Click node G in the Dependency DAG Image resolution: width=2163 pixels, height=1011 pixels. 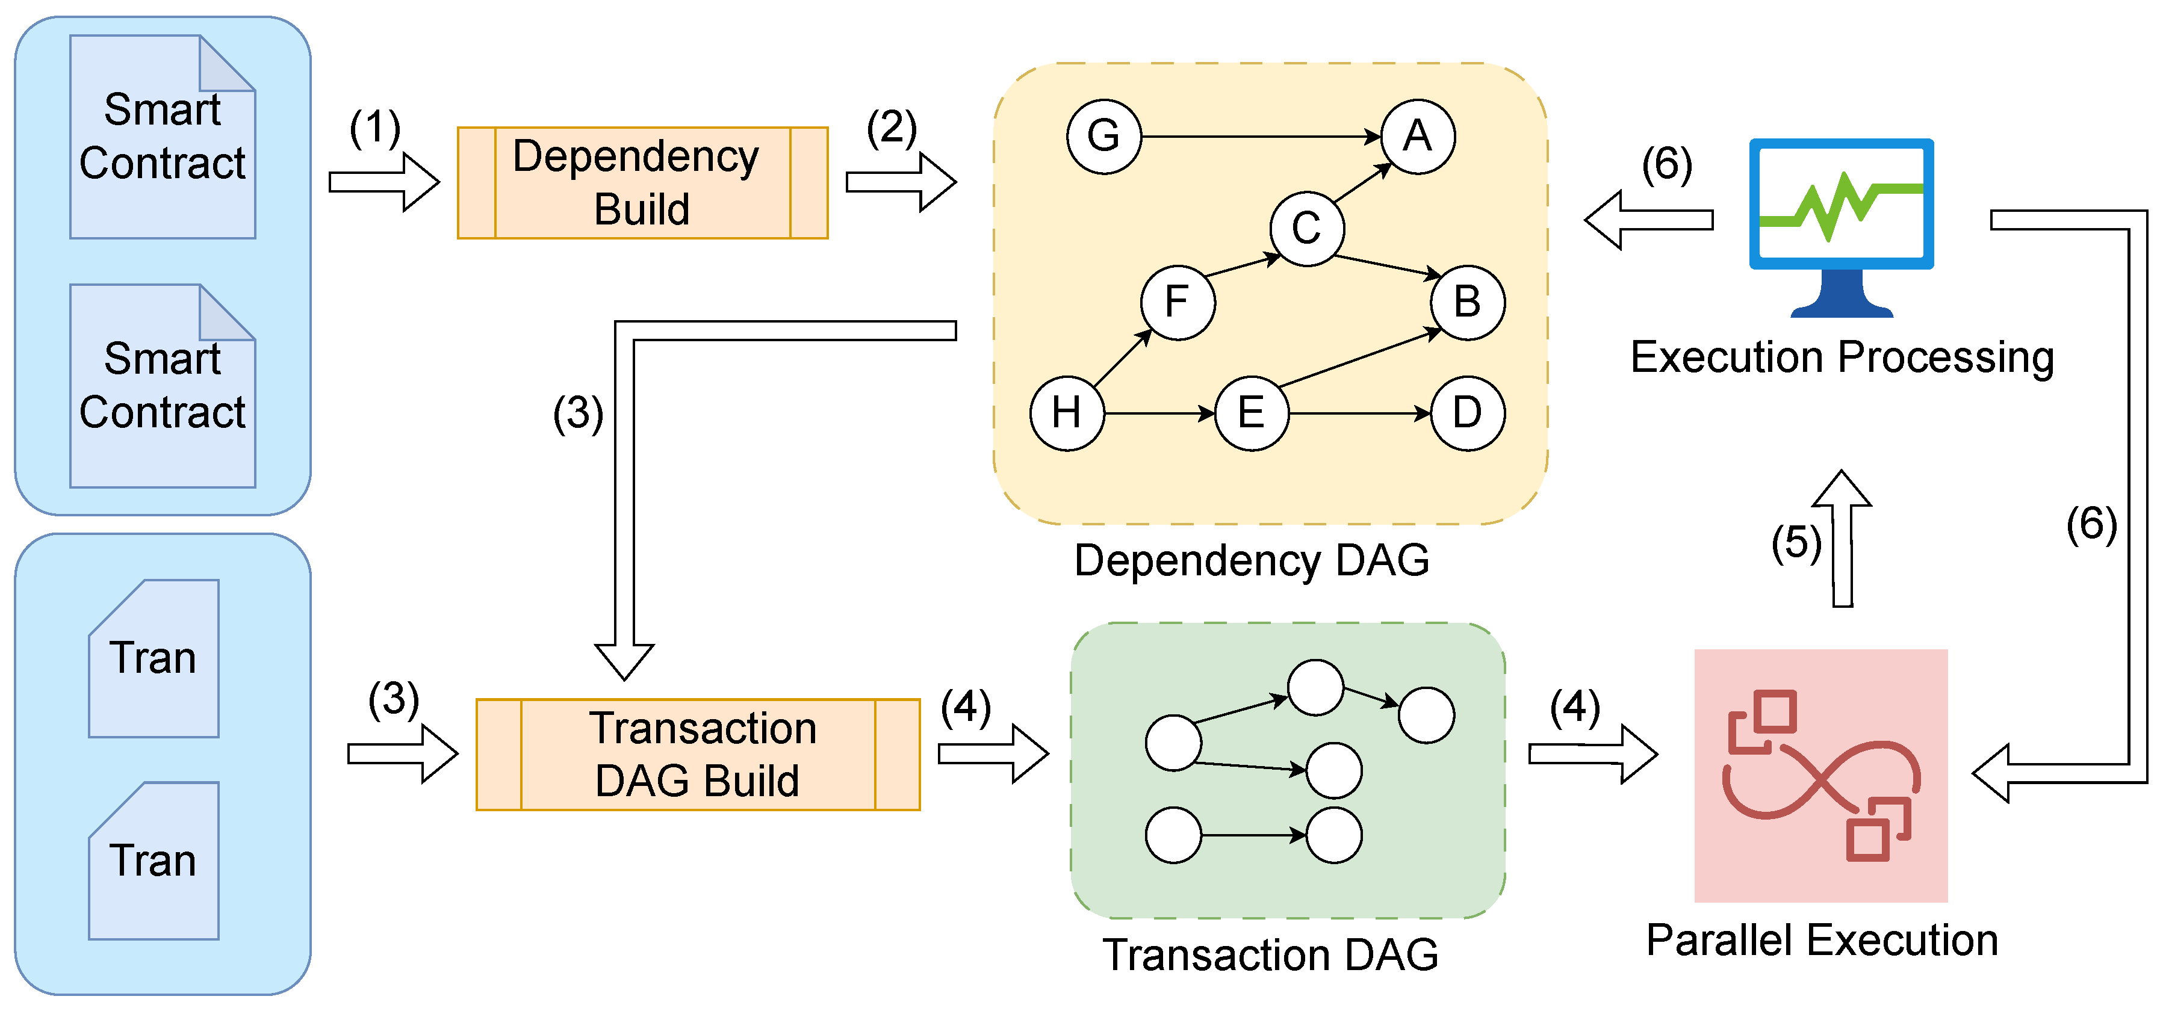[1103, 136]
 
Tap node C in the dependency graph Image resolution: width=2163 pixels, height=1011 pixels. [1306, 229]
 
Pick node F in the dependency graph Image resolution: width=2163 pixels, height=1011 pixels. [1178, 302]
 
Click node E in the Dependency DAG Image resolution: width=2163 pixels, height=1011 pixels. [1251, 413]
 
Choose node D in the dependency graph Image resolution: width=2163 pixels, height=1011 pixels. [1467, 413]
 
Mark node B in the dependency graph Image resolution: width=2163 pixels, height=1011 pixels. [1467, 302]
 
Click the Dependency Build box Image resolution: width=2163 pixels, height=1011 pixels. [642, 183]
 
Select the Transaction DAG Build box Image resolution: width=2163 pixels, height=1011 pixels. [698, 754]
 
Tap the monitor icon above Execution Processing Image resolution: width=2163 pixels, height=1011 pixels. [1842, 227]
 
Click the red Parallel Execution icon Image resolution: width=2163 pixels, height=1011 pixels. [1820, 775]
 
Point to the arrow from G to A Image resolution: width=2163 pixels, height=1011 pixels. [1261, 136]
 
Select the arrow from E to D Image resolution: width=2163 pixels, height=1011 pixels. [1359, 413]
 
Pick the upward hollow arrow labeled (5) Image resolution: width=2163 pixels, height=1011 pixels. [1842, 538]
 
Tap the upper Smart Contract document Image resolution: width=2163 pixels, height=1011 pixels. [162, 137]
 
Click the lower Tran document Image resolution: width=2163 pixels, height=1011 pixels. [154, 861]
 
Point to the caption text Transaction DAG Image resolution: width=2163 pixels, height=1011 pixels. [1270, 955]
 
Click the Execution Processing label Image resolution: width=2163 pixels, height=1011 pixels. [1842, 357]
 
